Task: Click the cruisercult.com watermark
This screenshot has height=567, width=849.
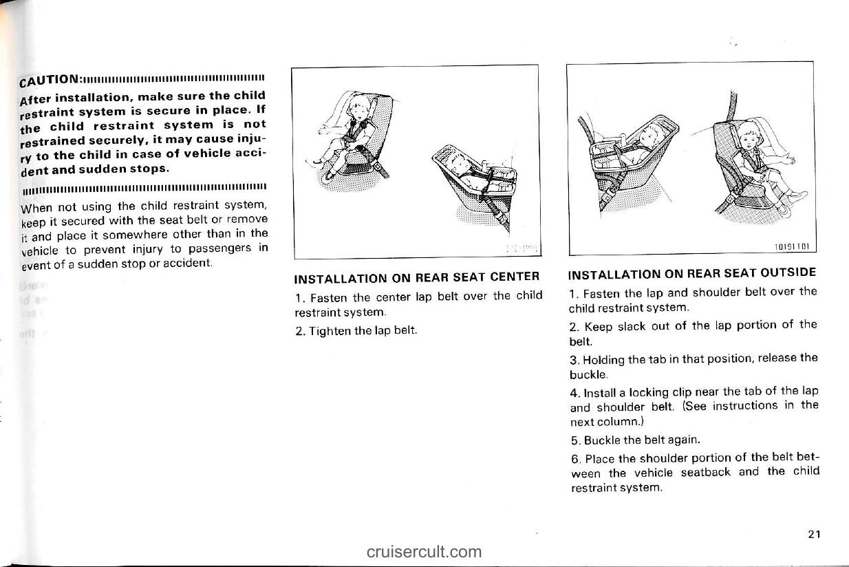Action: coord(424,551)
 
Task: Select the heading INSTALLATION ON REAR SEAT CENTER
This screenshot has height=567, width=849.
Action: coord(416,278)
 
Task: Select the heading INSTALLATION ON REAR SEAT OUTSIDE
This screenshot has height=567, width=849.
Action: coord(693,272)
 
